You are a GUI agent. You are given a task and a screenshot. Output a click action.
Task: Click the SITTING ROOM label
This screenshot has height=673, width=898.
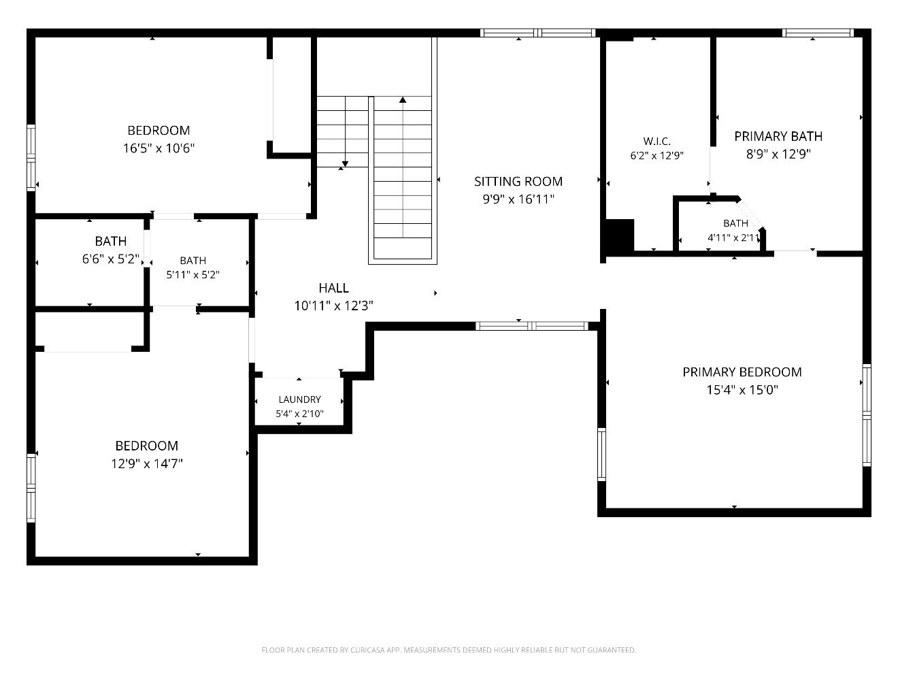click(518, 181)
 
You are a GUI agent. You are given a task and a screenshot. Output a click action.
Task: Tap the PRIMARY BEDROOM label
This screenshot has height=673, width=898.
click(742, 372)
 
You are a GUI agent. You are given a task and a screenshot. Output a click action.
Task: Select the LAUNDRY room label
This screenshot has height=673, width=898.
click(299, 399)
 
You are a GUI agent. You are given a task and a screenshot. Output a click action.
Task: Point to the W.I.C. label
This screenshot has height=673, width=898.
click(656, 141)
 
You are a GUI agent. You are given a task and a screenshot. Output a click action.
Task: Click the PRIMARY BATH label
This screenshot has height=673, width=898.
click(778, 136)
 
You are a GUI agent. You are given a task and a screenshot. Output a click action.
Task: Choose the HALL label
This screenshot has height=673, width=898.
click(333, 288)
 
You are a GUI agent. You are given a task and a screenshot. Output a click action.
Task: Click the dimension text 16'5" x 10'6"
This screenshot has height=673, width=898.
click(159, 148)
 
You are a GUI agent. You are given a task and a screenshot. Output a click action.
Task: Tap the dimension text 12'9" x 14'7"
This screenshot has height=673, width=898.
click(146, 463)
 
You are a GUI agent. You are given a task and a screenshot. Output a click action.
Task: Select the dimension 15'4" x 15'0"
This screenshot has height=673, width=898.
click(742, 389)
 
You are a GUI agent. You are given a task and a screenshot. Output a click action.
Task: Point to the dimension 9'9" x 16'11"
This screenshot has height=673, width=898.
click(518, 199)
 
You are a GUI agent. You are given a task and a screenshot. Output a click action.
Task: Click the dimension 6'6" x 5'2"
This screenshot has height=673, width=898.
click(110, 259)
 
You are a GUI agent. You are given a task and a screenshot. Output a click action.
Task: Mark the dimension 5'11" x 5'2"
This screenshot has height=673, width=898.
click(193, 274)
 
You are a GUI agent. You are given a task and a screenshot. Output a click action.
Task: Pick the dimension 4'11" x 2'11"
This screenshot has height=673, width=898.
click(733, 237)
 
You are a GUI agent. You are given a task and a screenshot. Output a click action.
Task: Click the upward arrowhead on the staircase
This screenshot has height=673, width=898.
click(403, 100)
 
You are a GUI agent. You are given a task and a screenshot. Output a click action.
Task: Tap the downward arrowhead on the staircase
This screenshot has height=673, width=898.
click(345, 163)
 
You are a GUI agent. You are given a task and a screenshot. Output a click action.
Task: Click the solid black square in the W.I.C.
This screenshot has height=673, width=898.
click(619, 235)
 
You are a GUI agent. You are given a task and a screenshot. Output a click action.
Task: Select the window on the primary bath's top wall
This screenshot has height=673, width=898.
click(818, 33)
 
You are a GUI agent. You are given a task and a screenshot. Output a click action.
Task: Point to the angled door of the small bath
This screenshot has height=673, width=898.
click(750, 215)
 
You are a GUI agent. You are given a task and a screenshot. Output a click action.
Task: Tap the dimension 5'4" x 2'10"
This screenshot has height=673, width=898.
click(299, 414)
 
